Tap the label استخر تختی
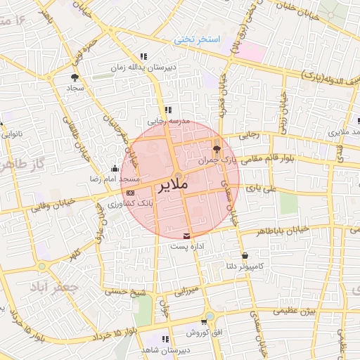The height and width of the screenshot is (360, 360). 198,40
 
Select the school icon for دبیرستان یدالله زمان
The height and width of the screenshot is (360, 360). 143,56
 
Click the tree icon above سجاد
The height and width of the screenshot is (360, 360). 75,77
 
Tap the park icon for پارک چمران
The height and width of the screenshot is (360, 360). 216,149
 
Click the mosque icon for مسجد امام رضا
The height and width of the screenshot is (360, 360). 115,169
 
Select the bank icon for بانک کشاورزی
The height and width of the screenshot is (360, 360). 130,192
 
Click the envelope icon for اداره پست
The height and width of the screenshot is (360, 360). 186,235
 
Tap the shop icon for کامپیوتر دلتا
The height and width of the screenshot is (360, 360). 244,255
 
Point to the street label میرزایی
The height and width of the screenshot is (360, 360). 188,290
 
